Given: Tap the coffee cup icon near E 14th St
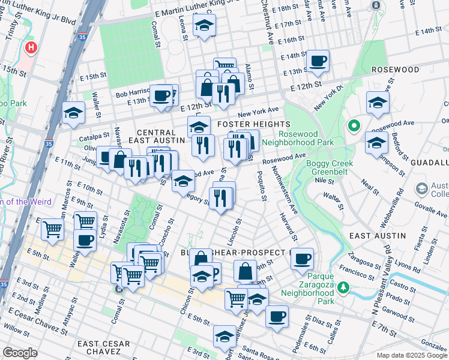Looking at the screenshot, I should [x=317, y=61].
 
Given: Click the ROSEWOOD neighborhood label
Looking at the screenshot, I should [x=395, y=70].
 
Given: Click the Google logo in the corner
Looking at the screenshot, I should [x=20, y=353].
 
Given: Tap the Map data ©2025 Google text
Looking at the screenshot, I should [x=412, y=355].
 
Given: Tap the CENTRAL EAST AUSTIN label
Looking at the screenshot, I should [x=160, y=136].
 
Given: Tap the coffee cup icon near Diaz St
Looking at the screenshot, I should [x=276, y=316].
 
